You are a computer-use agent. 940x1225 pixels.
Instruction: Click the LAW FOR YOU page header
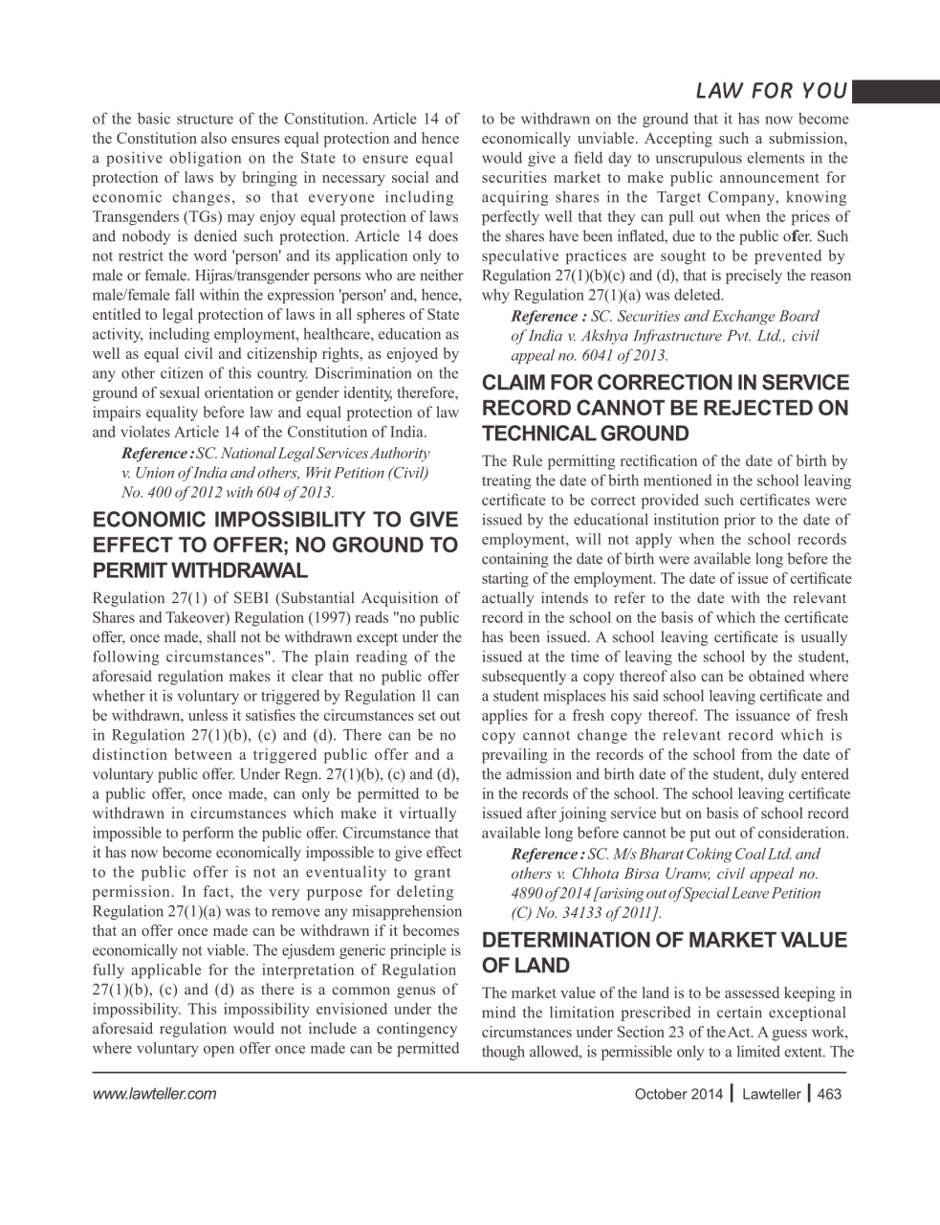tap(771, 91)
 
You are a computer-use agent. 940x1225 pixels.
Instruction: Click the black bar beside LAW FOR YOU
tap(894, 91)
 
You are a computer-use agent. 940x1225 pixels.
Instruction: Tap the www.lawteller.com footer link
tap(154, 1094)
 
